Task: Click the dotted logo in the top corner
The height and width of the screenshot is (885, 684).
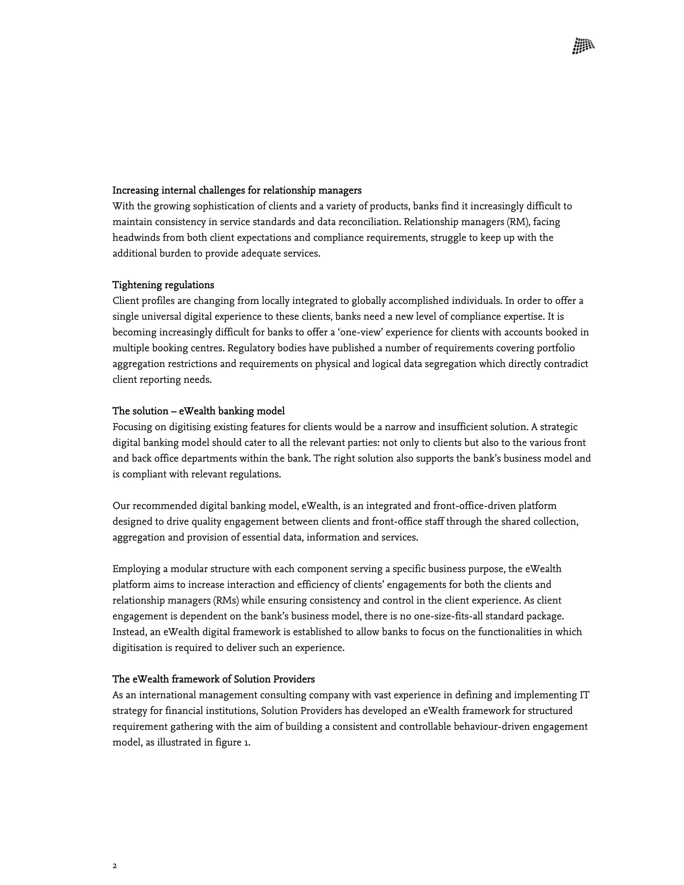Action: (583, 46)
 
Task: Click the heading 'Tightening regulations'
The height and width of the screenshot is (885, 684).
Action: (163, 285)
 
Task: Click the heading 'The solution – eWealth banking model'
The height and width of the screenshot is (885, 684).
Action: (199, 411)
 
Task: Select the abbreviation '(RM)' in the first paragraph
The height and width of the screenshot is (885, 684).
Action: (518, 222)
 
